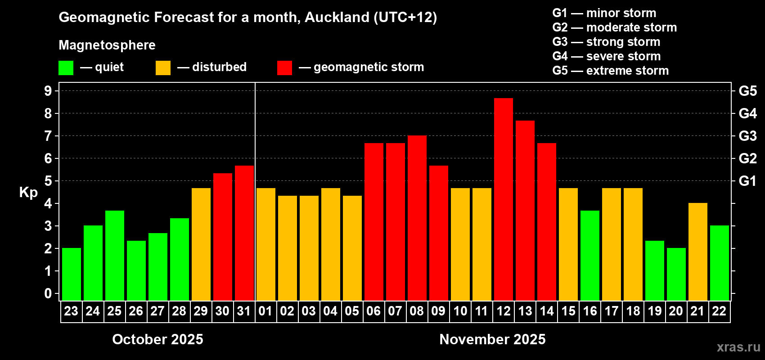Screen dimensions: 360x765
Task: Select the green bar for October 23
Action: point(71,274)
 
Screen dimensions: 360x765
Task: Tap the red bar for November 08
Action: point(417,218)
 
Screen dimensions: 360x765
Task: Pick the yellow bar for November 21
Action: point(697,252)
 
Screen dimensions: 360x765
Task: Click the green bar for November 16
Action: point(589,255)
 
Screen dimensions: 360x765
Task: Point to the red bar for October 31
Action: point(244,233)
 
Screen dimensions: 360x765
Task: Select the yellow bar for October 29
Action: point(201,244)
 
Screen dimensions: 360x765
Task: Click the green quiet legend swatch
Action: point(66,68)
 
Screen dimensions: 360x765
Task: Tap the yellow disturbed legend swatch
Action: point(163,68)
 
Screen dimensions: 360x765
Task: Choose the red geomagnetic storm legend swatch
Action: point(284,68)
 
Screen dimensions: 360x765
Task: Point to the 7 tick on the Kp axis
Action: point(48,136)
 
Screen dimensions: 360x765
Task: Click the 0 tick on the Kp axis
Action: point(48,293)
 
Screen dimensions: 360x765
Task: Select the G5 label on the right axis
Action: point(747,91)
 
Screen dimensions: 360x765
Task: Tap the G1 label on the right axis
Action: point(747,181)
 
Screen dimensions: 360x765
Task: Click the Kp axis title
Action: point(28,193)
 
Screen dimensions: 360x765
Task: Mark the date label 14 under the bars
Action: point(546,311)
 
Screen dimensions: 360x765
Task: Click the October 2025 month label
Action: point(157,339)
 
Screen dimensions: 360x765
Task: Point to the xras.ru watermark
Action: point(738,347)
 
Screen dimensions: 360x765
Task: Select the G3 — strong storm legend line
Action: point(606,42)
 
